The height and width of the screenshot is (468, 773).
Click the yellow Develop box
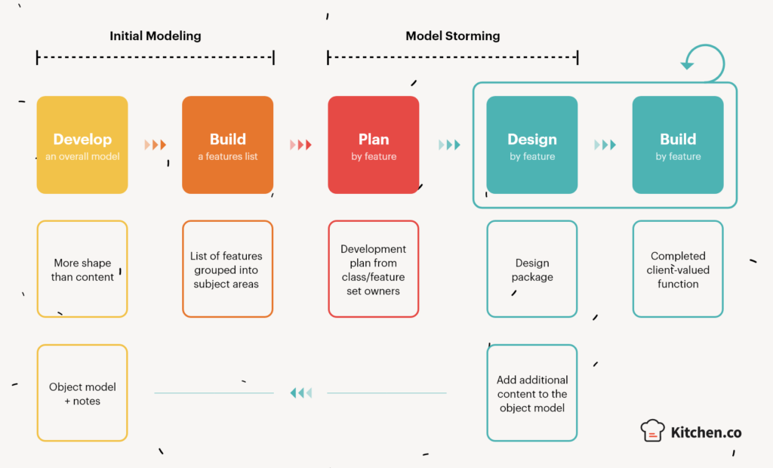point(82,145)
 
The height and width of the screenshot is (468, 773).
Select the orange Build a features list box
point(227,145)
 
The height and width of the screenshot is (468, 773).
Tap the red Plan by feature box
point(373,145)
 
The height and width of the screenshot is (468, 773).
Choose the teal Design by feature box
point(531,145)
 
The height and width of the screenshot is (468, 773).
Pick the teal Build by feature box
point(678,145)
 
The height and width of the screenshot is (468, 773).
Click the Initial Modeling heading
point(156,36)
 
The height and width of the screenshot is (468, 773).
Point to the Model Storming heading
point(452,36)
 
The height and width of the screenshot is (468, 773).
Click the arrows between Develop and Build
point(156,145)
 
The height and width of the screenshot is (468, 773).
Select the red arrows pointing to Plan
point(300,145)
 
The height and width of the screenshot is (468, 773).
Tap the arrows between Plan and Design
point(449,145)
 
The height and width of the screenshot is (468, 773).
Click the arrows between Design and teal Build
point(605,145)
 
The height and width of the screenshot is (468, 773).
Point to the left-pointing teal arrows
point(300,393)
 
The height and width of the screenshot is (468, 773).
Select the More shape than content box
point(82,269)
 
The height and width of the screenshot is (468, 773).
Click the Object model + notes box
point(82,393)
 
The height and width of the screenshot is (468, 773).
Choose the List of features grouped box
point(227,269)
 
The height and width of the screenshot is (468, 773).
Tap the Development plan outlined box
point(373,269)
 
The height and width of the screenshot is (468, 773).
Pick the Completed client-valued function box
point(678,269)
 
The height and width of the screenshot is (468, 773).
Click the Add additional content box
point(531,393)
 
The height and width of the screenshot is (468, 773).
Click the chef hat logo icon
point(652,430)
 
